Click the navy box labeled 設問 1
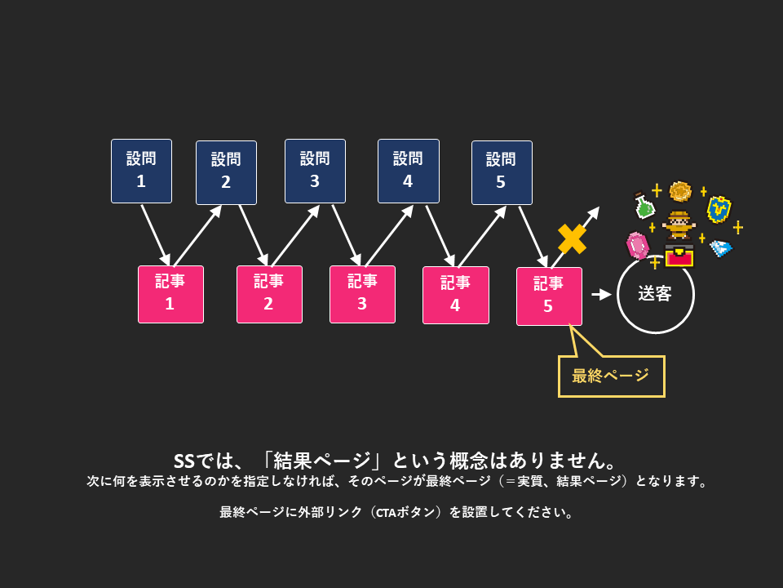pyautogui.click(x=141, y=171)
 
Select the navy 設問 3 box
pyautogui.click(x=315, y=171)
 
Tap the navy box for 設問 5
pyautogui.click(x=502, y=172)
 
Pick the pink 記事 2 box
pyautogui.click(x=269, y=294)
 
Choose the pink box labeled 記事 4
pyautogui.click(x=455, y=295)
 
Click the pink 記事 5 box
pyautogui.click(x=549, y=296)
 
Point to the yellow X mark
pyautogui.click(x=572, y=238)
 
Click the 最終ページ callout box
pyautogui.click(x=611, y=376)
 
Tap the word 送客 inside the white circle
pyautogui.click(x=655, y=294)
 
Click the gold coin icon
pyautogui.click(x=680, y=192)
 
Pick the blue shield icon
pyautogui.click(x=718, y=209)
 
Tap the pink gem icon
pyautogui.click(x=637, y=244)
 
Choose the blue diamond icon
pyautogui.click(x=719, y=247)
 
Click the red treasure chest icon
pyautogui.click(x=679, y=256)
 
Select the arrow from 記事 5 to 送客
pyautogui.click(x=600, y=295)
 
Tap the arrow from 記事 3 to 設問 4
pyautogui.click(x=389, y=235)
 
